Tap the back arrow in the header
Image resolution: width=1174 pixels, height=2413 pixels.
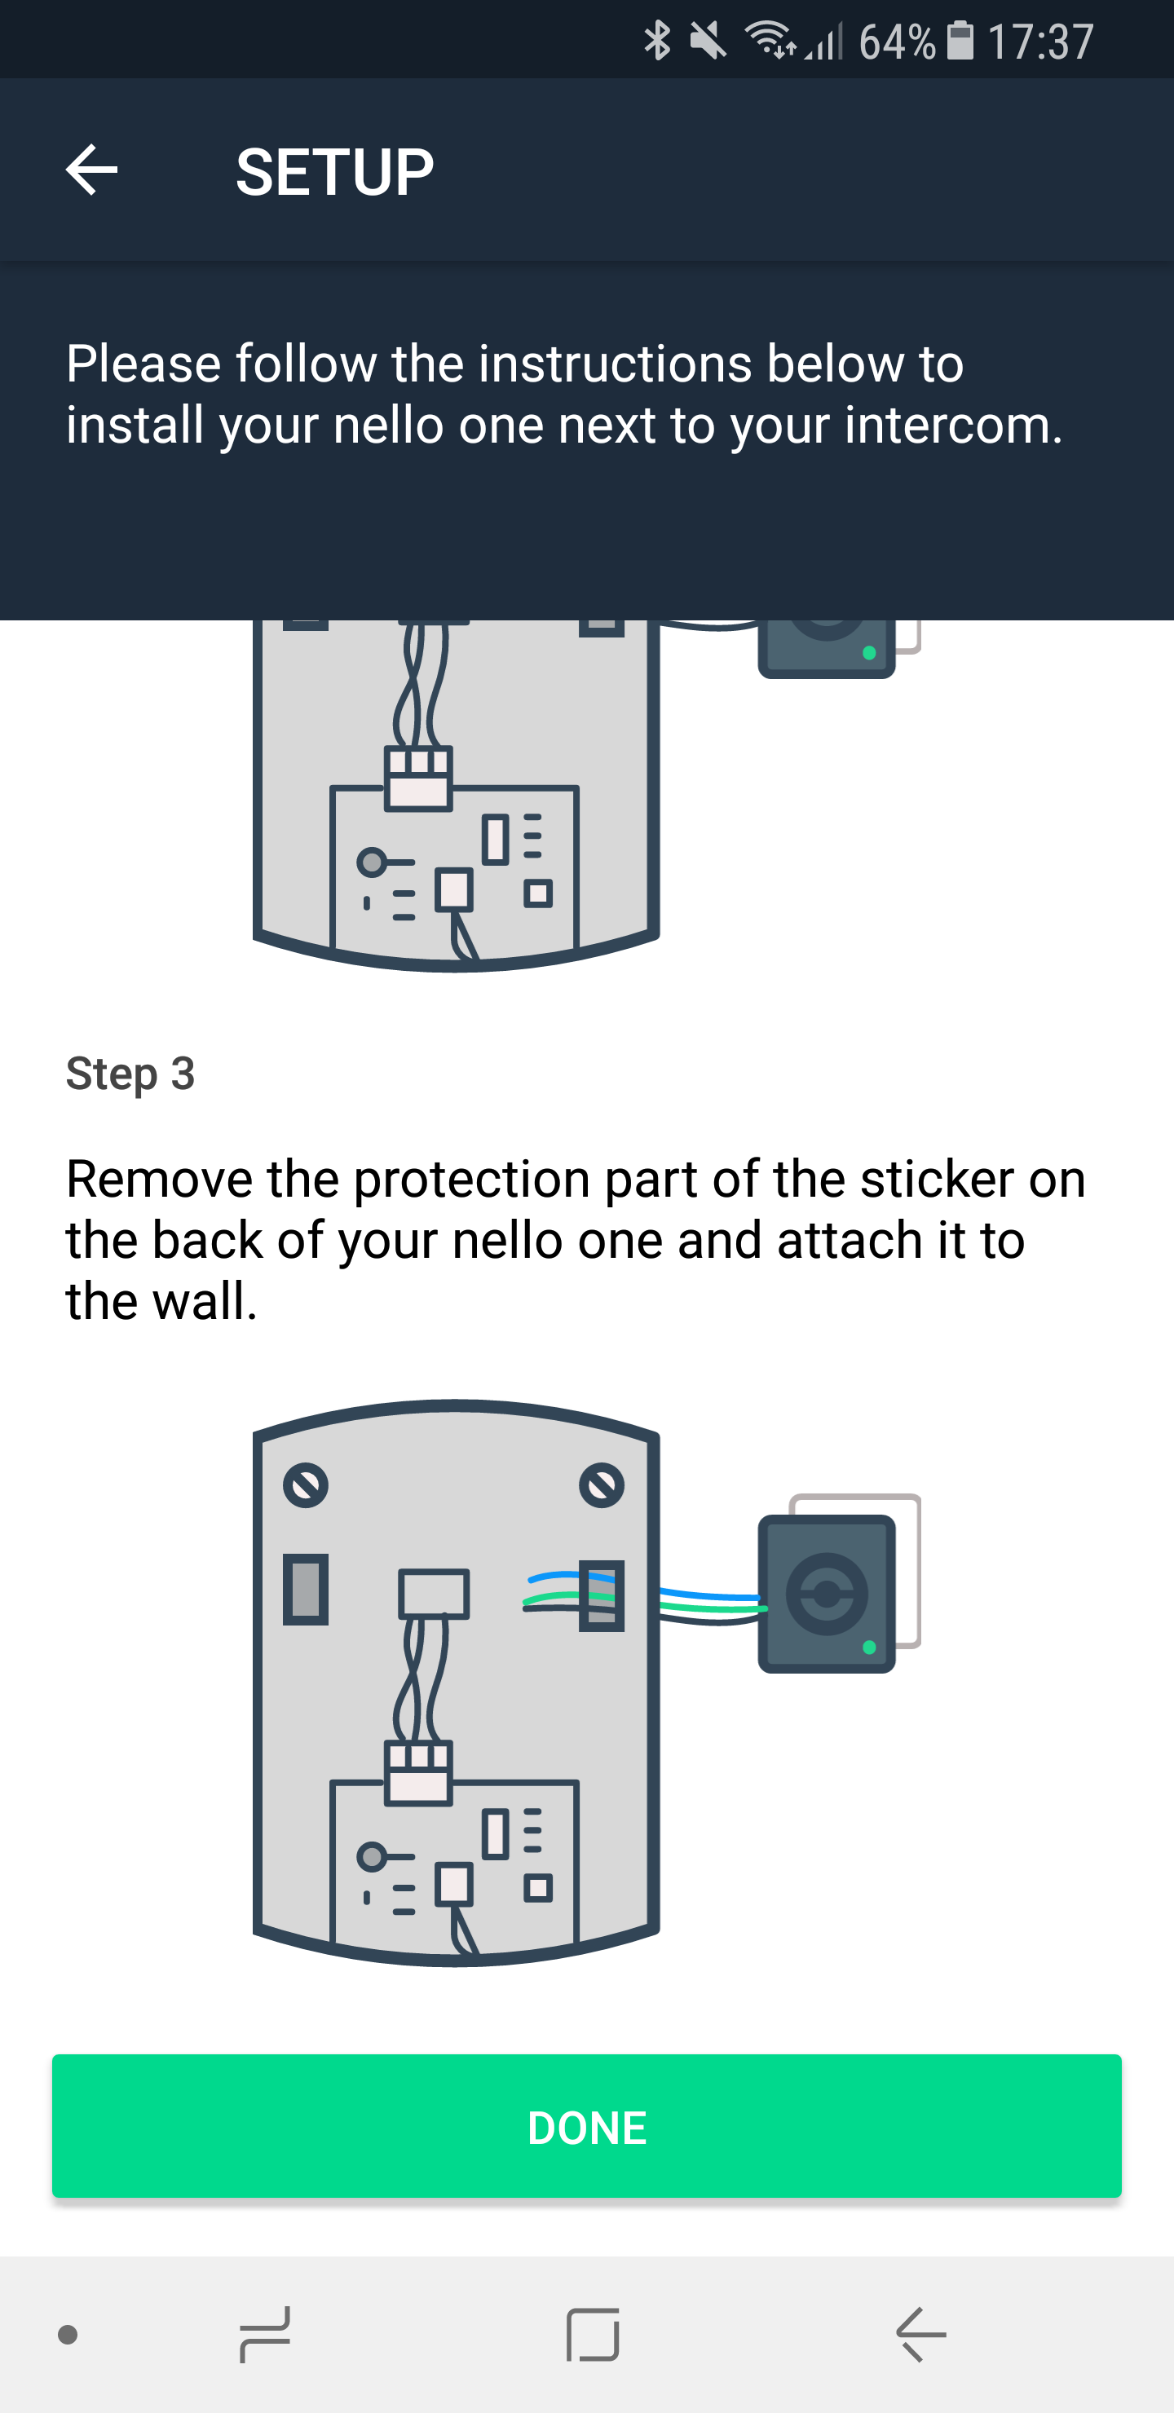(90, 170)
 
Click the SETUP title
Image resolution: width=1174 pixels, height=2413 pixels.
(334, 172)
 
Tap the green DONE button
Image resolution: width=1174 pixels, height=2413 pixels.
(586, 2126)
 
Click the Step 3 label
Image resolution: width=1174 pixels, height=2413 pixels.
(130, 1074)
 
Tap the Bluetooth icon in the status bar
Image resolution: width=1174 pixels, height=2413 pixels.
(658, 40)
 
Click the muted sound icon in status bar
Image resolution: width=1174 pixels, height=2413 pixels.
(708, 40)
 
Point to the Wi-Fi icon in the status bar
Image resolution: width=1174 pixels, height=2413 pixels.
(770, 39)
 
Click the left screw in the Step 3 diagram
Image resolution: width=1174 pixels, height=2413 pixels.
(306, 1484)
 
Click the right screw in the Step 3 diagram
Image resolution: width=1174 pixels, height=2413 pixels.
(602, 1484)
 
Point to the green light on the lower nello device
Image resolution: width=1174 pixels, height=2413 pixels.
(869, 1648)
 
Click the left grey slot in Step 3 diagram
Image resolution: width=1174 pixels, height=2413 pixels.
(306, 1589)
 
